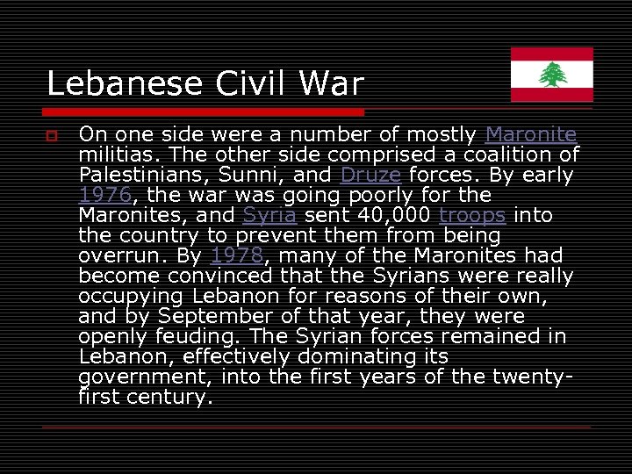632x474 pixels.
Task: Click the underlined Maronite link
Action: [x=530, y=135]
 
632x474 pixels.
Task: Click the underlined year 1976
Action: [x=104, y=195]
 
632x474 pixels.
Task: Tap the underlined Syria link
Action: [x=270, y=215]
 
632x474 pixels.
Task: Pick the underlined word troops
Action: [x=472, y=215]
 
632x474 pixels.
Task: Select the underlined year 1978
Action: [x=238, y=255]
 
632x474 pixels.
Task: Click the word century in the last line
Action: [x=169, y=397]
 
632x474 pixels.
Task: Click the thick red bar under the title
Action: [x=204, y=112]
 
